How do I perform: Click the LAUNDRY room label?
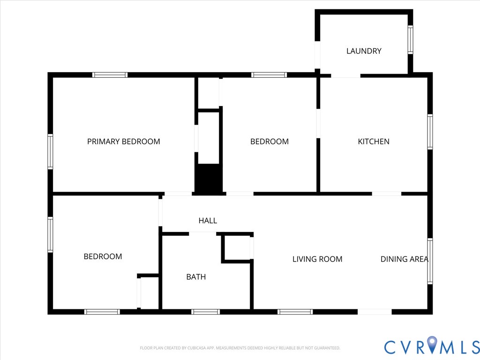coord(364,51)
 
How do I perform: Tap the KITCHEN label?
coord(374,142)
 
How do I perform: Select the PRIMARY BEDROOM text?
coord(124,142)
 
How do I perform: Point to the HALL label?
coord(208,220)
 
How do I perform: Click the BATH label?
coord(196,277)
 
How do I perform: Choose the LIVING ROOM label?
coord(317,259)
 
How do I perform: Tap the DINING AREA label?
coord(404,259)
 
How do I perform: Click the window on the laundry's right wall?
coord(410,40)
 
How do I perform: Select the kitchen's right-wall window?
coord(430,132)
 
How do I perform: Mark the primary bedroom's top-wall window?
coord(110,75)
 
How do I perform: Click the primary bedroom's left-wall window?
coord(50,151)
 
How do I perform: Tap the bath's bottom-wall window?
coord(205,312)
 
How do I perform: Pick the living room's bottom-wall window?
coord(295,312)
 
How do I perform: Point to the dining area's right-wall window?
coord(430,261)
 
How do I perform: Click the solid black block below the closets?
coord(208,179)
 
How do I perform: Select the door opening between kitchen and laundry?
coord(346,75)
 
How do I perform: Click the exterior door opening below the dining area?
coord(375,312)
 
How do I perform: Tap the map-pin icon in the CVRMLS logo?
coord(432,345)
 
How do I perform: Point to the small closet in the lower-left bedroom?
coord(150,293)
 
